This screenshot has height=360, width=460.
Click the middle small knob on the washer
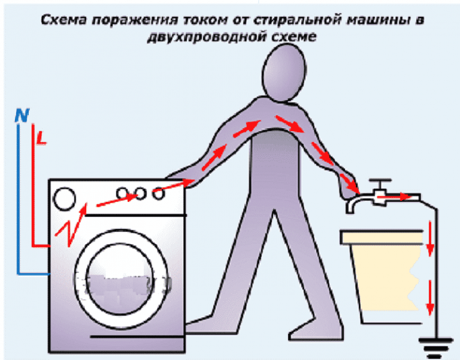click(141, 193)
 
